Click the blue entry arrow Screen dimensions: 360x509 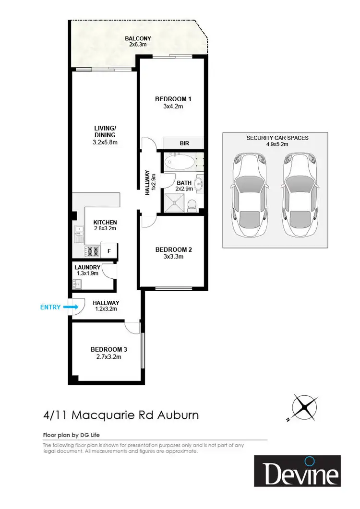click(x=71, y=307)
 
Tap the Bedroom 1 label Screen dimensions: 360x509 click(x=173, y=99)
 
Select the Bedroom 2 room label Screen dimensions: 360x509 click(x=173, y=249)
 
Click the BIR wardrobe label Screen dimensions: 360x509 click(x=184, y=143)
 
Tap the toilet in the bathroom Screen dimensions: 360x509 click(x=192, y=205)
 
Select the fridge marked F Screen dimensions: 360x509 click(x=109, y=251)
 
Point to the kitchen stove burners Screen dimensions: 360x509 click(x=92, y=251)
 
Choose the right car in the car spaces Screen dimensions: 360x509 click(x=300, y=196)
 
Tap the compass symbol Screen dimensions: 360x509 click(x=305, y=407)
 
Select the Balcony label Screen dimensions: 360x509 click(x=138, y=38)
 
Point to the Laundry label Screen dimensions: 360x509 click(x=87, y=267)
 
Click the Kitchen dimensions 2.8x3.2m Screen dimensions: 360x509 click(x=105, y=229)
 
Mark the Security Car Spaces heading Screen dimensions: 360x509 click(x=277, y=138)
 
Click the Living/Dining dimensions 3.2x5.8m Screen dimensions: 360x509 click(x=105, y=142)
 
